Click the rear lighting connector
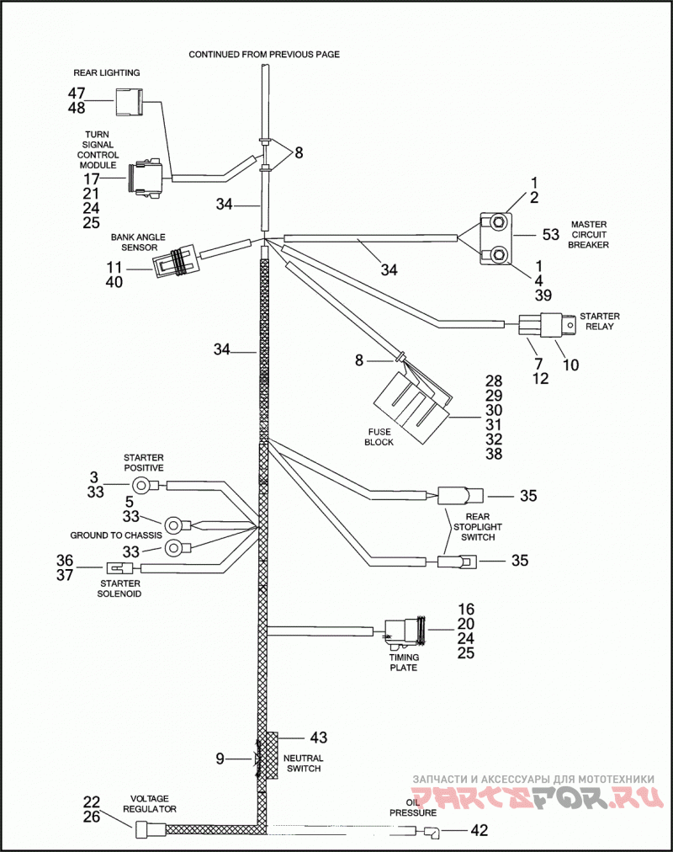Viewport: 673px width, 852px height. (128, 102)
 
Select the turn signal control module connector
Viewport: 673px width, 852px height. (146, 178)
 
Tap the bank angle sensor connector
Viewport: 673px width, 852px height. (173, 264)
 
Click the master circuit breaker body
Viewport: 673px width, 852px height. (495, 238)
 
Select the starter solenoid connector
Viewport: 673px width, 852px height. (119, 568)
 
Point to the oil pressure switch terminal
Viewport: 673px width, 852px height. (431, 830)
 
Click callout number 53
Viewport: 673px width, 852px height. (551, 234)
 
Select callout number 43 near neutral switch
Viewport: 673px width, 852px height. (319, 738)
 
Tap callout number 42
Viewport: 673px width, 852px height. (479, 830)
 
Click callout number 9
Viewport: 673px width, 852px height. (220, 758)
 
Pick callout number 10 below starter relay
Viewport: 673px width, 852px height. (570, 365)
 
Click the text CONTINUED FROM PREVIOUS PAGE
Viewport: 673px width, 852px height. (264, 55)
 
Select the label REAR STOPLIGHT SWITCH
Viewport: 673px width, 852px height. (478, 526)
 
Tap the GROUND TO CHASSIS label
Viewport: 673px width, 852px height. (116, 535)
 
